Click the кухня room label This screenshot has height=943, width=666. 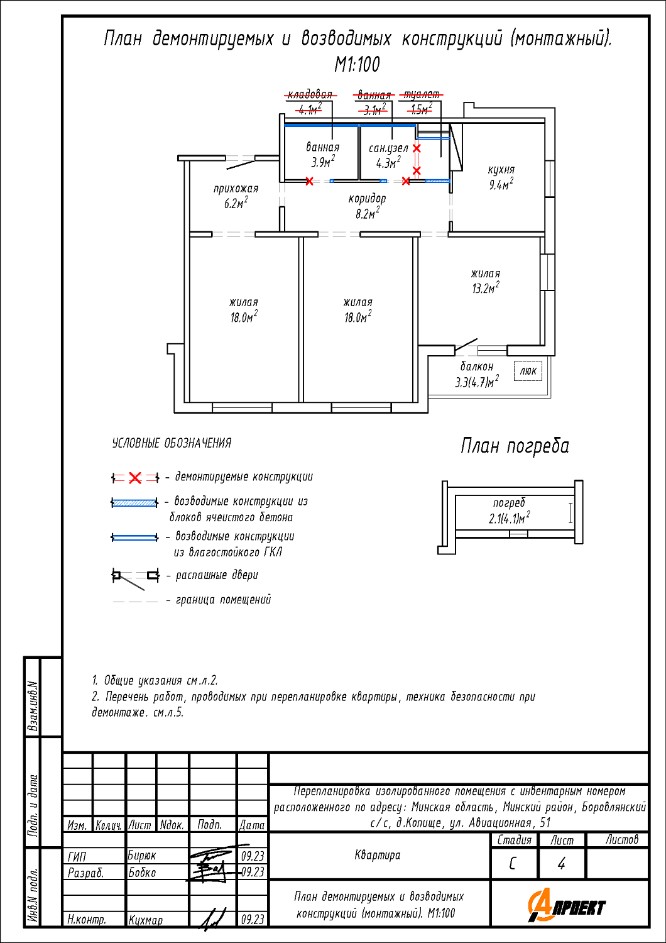pos(501,170)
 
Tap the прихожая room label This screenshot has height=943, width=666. pos(236,189)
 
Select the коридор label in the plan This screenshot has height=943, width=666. pos(367,199)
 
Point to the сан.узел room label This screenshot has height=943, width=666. pos(388,149)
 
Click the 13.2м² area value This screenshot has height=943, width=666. pos(485,289)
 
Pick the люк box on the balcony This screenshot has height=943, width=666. pos(528,371)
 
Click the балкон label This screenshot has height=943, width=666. pos(477,367)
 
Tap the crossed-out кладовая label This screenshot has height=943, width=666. pos(310,95)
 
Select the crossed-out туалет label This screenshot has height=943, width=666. pos(422,95)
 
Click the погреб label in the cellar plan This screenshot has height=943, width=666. pos(509,503)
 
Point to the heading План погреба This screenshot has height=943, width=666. pos(515,446)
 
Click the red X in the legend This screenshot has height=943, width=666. pos(135,478)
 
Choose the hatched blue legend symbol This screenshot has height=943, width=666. pos(134,503)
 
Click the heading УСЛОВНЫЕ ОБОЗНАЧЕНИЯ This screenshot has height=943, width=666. pos(172,443)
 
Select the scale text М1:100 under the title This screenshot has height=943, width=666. pos(357,64)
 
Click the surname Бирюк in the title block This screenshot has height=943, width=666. pos(142,856)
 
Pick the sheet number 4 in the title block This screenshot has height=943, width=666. pos(561,864)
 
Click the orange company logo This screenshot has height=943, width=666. pos(566,905)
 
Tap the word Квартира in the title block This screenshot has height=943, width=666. pos(377,855)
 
